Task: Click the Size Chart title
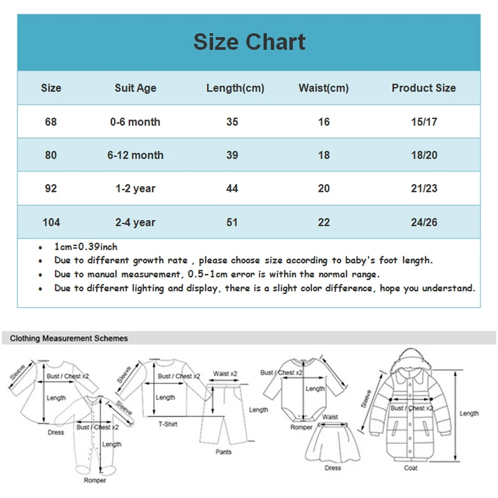pos(249,42)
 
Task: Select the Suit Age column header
pos(135,88)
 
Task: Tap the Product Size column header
pos(423,88)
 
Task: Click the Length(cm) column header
pos(235,88)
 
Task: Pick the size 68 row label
pos(51,122)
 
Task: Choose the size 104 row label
pos(51,222)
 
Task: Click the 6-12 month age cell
pos(135,155)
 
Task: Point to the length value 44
pos(232,189)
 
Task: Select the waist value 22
pos(324,222)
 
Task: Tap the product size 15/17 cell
pos(424,122)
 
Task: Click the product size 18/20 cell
pos(424,155)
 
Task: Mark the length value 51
pos(232,222)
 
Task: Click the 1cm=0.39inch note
pos(86,247)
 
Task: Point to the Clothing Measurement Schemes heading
pos(69,339)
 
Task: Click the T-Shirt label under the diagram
pos(167,424)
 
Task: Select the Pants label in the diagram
pos(224,452)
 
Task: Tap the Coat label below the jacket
pos(411,468)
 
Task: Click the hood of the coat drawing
pos(409,360)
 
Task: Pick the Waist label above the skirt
pos(330,417)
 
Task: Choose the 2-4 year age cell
pos(135,222)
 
